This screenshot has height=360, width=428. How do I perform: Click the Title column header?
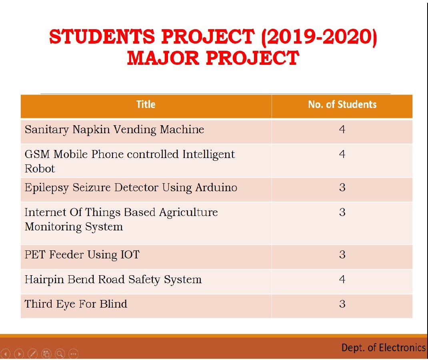click(146, 104)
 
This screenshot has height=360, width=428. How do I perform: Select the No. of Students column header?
click(342, 104)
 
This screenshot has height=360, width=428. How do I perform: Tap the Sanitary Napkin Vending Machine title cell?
click(114, 130)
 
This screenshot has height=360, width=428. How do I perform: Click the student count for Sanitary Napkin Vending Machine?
click(342, 129)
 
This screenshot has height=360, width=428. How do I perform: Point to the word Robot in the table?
click(40, 169)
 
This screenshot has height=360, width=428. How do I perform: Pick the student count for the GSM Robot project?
click(342, 154)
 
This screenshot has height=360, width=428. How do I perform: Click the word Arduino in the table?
click(216, 188)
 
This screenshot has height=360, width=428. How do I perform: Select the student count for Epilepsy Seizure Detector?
click(342, 188)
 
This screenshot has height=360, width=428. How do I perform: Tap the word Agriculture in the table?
click(189, 213)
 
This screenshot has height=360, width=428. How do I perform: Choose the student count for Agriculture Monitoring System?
click(342, 212)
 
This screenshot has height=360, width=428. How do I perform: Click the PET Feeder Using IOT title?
click(82, 255)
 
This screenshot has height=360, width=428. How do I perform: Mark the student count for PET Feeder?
click(342, 255)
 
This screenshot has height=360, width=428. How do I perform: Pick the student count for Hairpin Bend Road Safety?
click(342, 279)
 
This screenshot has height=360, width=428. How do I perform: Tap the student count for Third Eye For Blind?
click(342, 304)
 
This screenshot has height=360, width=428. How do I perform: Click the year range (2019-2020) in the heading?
click(319, 37)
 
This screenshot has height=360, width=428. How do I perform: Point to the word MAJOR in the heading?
click(163, 58)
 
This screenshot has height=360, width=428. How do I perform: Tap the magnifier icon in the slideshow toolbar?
click(60, 354)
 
